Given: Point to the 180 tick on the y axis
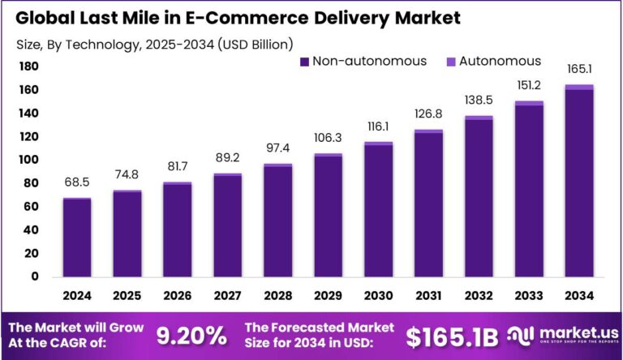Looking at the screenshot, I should pos(29,66).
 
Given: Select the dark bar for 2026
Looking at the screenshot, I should pos(178,231).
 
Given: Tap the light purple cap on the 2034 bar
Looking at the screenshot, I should pos(579,87).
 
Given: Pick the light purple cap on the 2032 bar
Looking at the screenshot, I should pos(479,118).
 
